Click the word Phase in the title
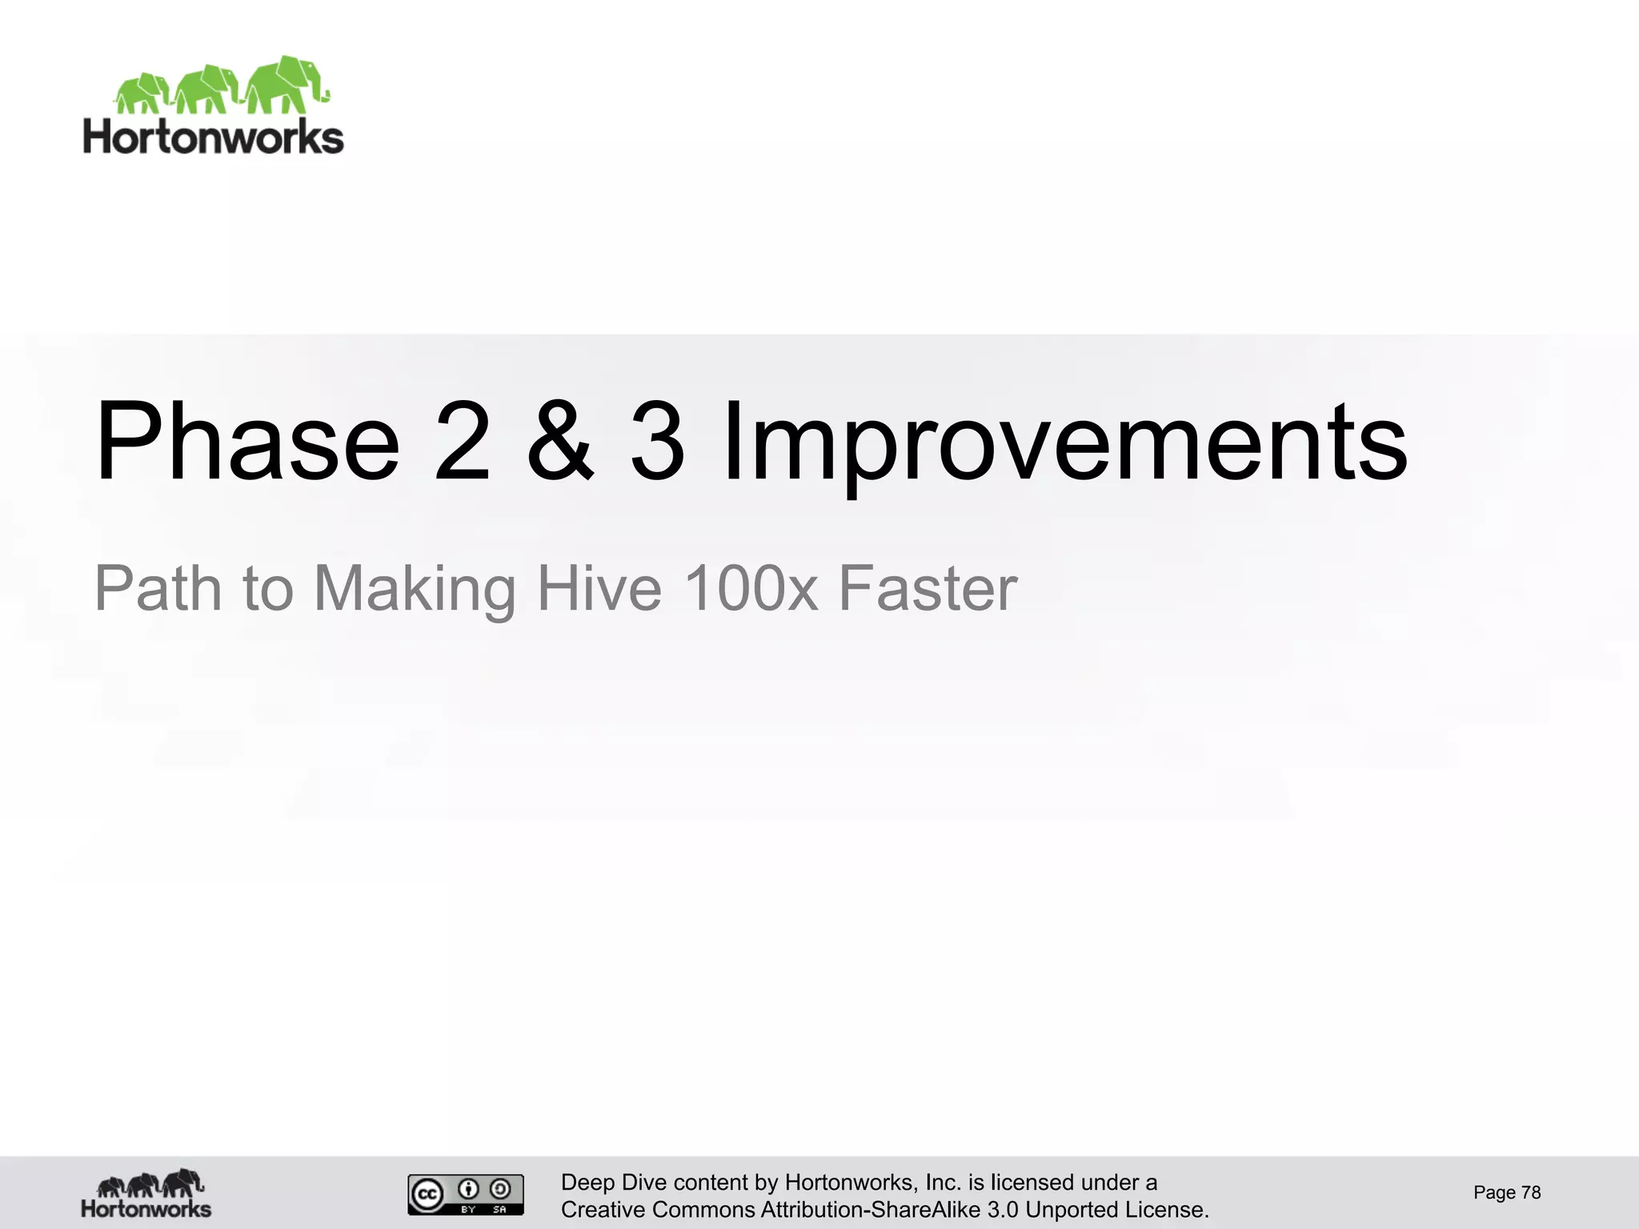(246, 442)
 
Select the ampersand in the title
(561, 442)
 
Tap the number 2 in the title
(463, 442)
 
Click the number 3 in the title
(658, 442)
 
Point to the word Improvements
(1064, 442)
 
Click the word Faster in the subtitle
(928, 589)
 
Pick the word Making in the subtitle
(415, 589)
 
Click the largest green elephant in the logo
(287, 84)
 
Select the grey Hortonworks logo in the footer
(146, 1194)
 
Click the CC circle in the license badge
(427, 1195)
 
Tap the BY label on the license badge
(468, 1210)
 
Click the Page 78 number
(1507, 1193)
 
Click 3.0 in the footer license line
(1003, 1210)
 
